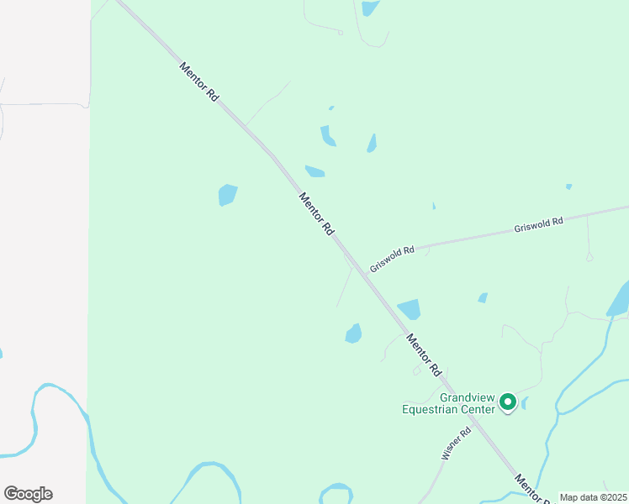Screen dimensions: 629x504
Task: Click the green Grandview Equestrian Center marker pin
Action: [x=508, y=402]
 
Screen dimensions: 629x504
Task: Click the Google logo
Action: [x=28, y=494]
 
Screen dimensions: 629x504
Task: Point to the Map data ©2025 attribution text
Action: [x=593, y=497]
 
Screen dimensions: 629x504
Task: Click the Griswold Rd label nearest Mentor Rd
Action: [x=392, y=257]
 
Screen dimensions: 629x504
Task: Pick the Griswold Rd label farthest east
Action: [x=539, y=225]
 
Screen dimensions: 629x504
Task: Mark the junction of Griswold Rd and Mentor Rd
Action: [x=358, y=264]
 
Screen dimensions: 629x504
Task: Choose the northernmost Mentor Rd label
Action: [x=199, y=82]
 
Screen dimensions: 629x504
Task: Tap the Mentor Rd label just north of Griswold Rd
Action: [x=317, y=213]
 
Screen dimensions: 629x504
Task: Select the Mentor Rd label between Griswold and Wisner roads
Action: [x=424, y=354]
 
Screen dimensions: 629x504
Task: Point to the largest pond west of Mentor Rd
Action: [x=227, y=195]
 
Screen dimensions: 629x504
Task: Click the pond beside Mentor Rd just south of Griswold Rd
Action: [x=409, y=309]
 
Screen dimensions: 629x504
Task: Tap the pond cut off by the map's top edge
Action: [x=370, y=8]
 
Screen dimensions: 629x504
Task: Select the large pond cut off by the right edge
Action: [x=619, y=300]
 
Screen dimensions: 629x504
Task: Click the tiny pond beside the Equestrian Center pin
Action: [x=524, y=404]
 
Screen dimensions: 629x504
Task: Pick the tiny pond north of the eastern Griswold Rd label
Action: [x=568, y=186]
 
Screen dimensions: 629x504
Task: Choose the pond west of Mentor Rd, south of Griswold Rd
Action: [x=353, y=333]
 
